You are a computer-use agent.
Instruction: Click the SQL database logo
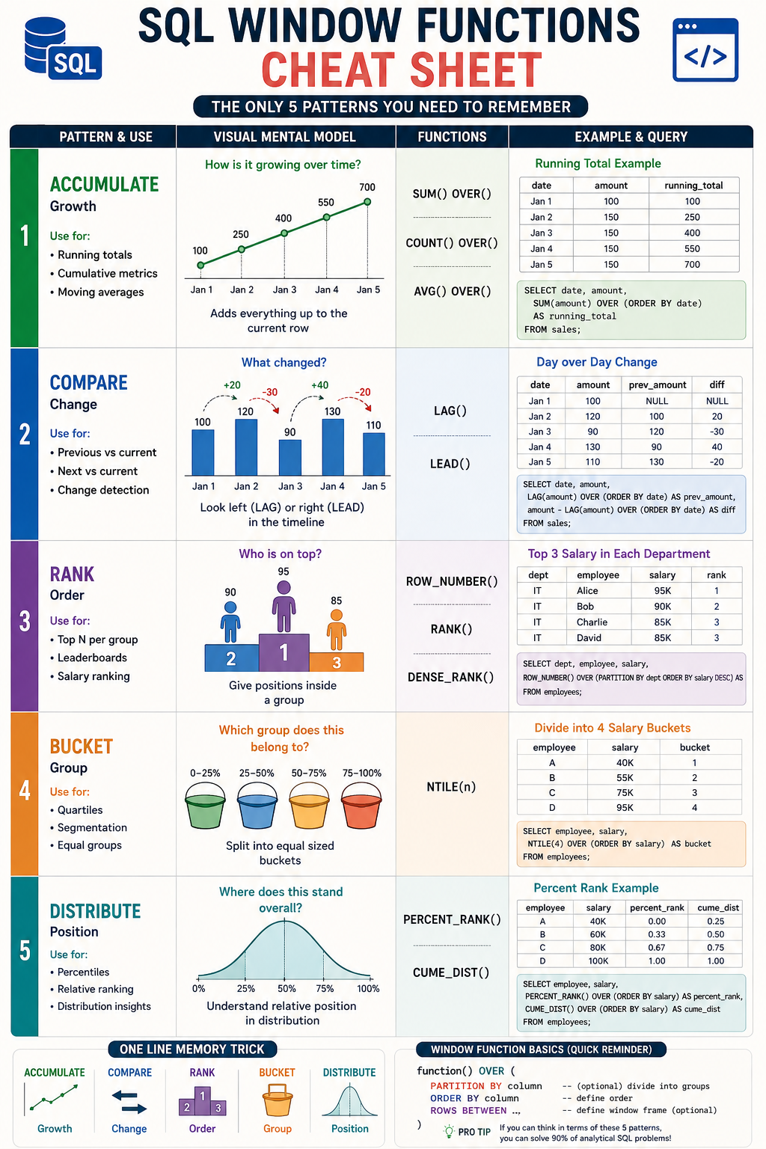pos(63,49)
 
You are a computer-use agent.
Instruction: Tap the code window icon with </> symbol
pos(705,50)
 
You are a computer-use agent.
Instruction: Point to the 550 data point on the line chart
pos(326,217)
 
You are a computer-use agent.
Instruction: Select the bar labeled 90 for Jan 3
pos(290,457)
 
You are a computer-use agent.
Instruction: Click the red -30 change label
pos(270,392)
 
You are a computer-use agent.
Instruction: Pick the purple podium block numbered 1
pos(284,652)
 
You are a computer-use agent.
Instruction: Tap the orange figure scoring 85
pos(337,629)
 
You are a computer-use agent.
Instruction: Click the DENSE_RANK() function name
pos(450,677)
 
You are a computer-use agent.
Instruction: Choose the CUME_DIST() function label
pos(451,972)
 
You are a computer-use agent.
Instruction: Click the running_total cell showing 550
pos(692,249)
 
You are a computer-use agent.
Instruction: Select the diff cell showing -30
pos(717,432)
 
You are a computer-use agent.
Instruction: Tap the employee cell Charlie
pos(592,622)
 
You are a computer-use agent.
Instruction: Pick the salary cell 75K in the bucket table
pos(625,792)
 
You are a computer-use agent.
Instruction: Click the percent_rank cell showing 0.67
pos(657,948)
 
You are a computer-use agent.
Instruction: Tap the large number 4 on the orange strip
pos(25,791)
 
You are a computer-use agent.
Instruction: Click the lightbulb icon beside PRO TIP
pos(449,1132)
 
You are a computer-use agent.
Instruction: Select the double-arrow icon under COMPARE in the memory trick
pos(129,1102)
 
